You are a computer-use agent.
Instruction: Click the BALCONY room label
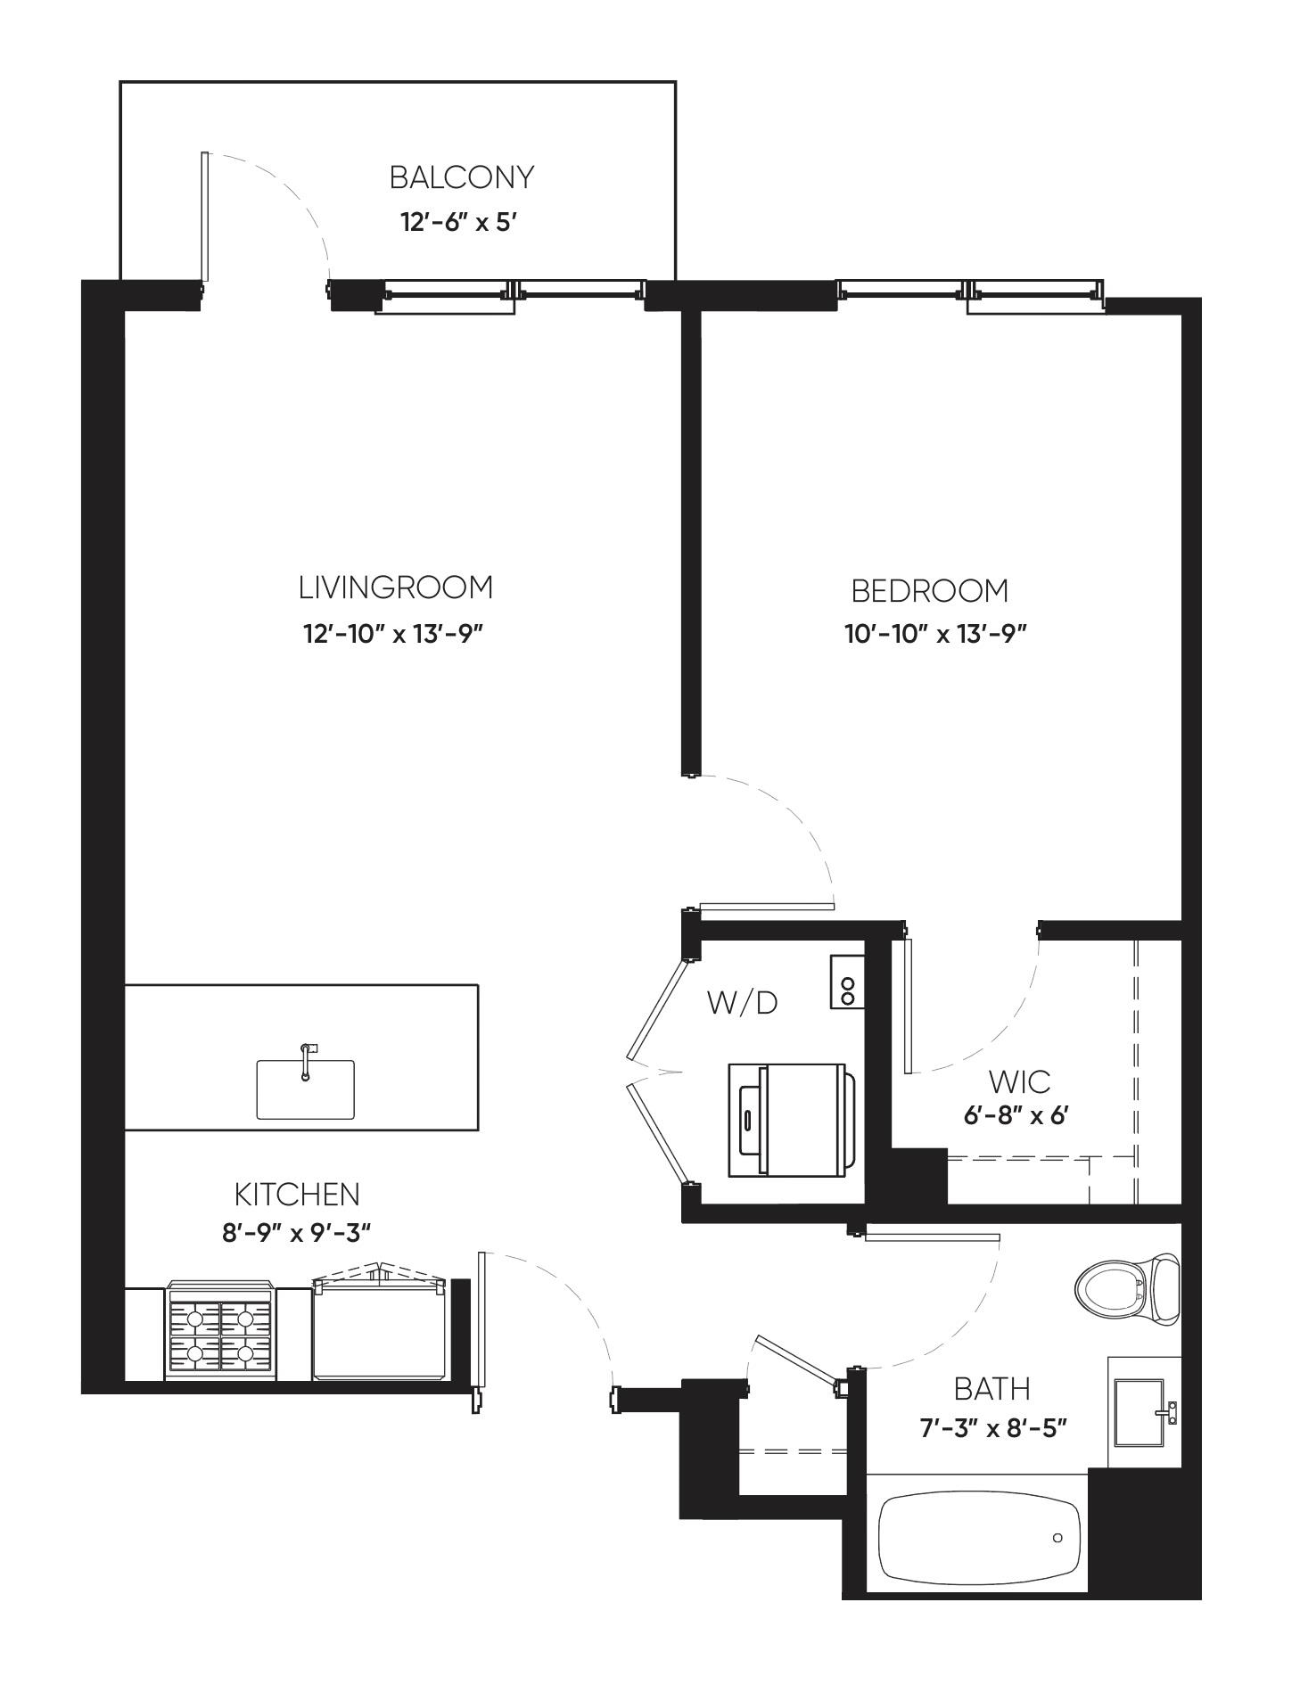pos(462,177)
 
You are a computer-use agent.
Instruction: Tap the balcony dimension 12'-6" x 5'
pos(459,222)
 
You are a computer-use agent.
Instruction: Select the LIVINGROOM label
pos(395,588)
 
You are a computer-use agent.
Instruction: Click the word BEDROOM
pos(929,591)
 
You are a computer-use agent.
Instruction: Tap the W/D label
pos(742,1003)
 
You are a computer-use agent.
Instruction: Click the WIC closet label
pos(1019,1082)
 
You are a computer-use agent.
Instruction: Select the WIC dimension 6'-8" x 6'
pos(1016,1115)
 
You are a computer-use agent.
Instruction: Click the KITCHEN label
pos(297,1194)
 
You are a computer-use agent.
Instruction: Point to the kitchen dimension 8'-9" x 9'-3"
pos(296,1233)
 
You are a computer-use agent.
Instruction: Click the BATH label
pos(991,1389)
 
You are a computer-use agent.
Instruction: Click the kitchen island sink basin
pos(305,1089)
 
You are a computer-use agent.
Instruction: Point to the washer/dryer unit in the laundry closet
pos(790,1120)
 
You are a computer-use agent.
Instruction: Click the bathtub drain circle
pos(1057,1538)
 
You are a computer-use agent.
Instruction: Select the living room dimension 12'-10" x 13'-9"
pos(393,634)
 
